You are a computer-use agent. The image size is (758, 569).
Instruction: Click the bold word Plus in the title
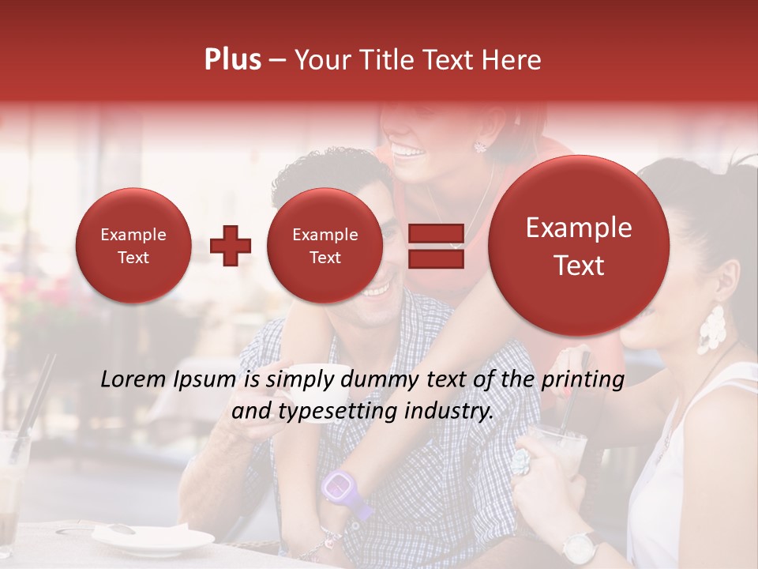[232, 60]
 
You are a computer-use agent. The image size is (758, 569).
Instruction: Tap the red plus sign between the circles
[231, 246]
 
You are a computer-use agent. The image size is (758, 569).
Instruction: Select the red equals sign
[436, 246]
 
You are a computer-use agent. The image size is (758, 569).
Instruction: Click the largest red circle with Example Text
[579, 246]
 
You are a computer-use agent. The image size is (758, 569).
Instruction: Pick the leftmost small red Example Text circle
[133, 246]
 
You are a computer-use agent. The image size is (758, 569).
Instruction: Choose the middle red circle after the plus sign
[325, 246]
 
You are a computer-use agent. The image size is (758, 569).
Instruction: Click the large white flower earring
[711, 329]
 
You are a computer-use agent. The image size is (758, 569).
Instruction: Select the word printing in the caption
[582, 380]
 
